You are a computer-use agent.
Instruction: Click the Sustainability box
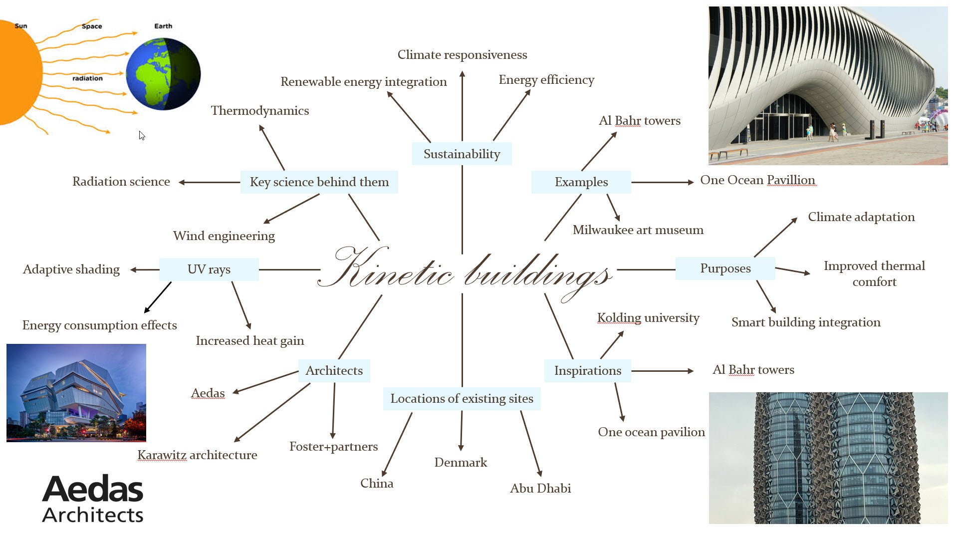tap(462, 154)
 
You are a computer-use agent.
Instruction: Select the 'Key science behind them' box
tap(319, 182)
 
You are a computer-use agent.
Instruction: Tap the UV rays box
tap(209, 269)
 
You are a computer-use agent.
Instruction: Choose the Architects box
tap(334, 371)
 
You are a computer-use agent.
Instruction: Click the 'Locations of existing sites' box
tap(462, 399)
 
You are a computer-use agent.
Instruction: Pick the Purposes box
tap(725, 269)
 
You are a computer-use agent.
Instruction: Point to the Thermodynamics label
tap(260, 110)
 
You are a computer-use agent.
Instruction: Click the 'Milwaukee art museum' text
tap(638, 230)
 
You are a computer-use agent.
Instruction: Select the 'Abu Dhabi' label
tap(540, 488)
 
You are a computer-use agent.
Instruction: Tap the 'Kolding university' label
tap(648, 318)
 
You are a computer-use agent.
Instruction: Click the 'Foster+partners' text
tap(334, 446)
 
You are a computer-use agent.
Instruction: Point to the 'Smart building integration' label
tap(806, 322)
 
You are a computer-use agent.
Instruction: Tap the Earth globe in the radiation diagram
tap(163, 74)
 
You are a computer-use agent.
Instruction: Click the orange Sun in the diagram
tap(20, 72)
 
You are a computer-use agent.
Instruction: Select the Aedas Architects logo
tap(93, 499)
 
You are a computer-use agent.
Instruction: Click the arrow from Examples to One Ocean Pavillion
tap(663, 182)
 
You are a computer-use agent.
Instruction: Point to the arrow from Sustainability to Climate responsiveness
tap(463, 106)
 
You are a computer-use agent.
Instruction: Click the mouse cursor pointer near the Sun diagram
tap(142, 135)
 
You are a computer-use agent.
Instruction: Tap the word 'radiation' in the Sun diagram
tap(87, 78)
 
